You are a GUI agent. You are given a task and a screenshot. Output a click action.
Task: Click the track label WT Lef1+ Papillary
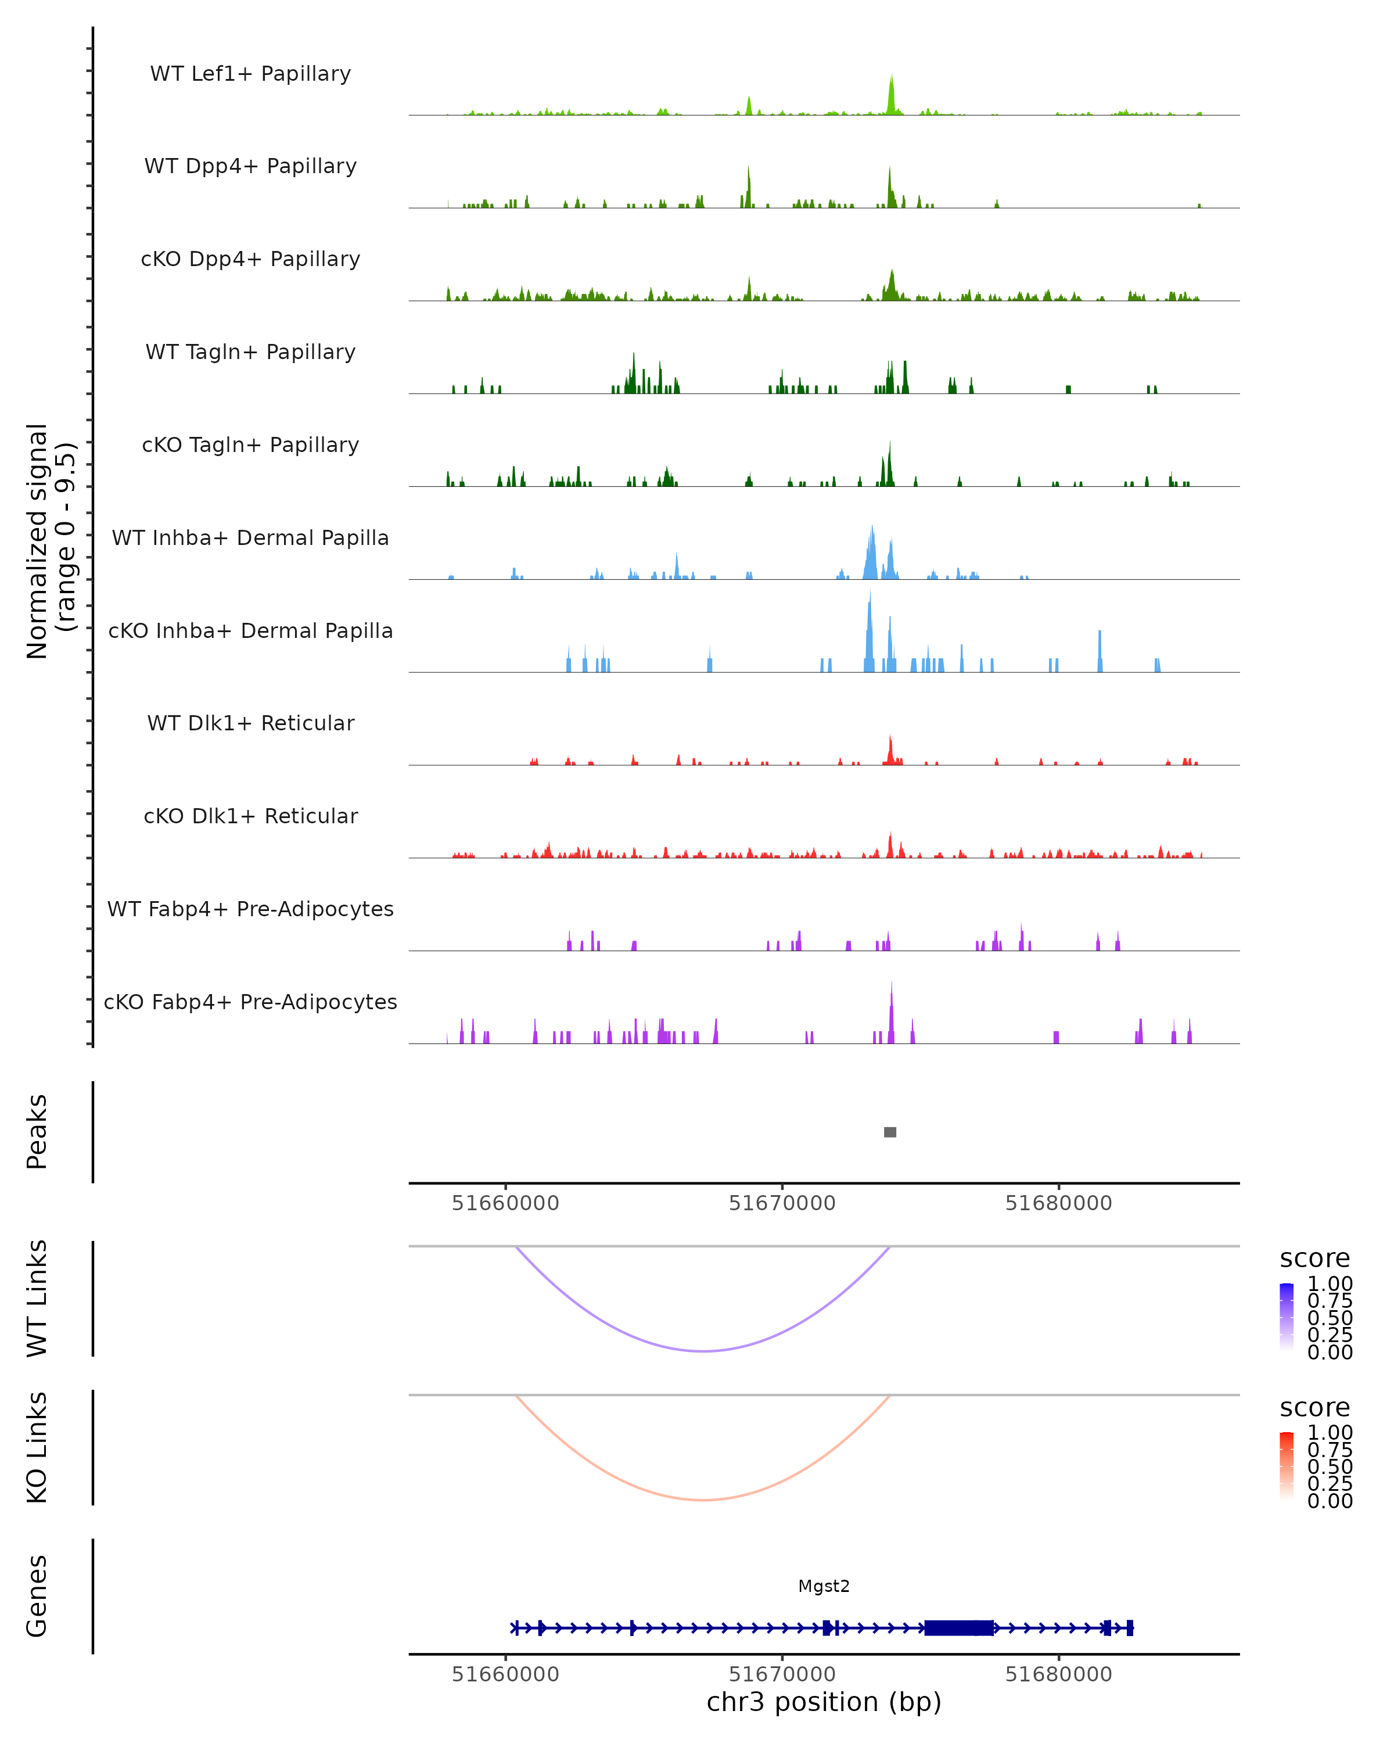(250, 74)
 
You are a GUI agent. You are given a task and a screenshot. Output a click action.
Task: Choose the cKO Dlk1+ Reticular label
(250, 816)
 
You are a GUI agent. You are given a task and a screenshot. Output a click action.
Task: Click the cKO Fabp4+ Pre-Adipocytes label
(250, 1002)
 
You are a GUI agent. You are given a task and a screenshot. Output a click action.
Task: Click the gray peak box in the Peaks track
(890, 1132)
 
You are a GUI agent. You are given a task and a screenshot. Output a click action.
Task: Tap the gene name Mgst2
(824, 1586)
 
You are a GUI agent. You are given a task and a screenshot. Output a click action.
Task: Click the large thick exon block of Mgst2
(958, 1628)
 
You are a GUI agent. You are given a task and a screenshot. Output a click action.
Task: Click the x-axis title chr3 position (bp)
(824, 1702)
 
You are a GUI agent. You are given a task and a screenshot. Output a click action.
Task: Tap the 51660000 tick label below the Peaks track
(505, 1203)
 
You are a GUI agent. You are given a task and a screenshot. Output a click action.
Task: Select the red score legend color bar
(1287, 1466)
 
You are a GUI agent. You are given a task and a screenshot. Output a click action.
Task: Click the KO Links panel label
(37, 1448)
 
